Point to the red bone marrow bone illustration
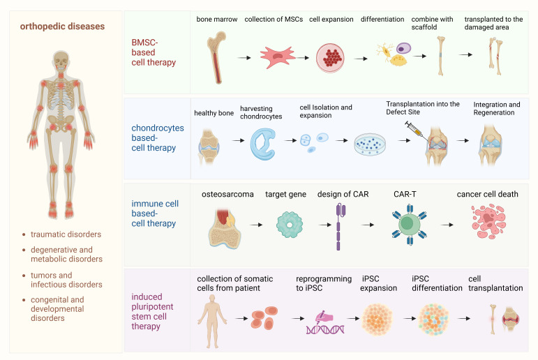[x=214, y=58]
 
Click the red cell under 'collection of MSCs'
[x=278, y=58]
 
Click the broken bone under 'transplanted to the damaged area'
[x=495, y=59]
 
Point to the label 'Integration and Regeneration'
[x=496, y=110]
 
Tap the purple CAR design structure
[x=340, y=225]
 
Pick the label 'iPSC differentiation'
[x=437, y=283]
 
